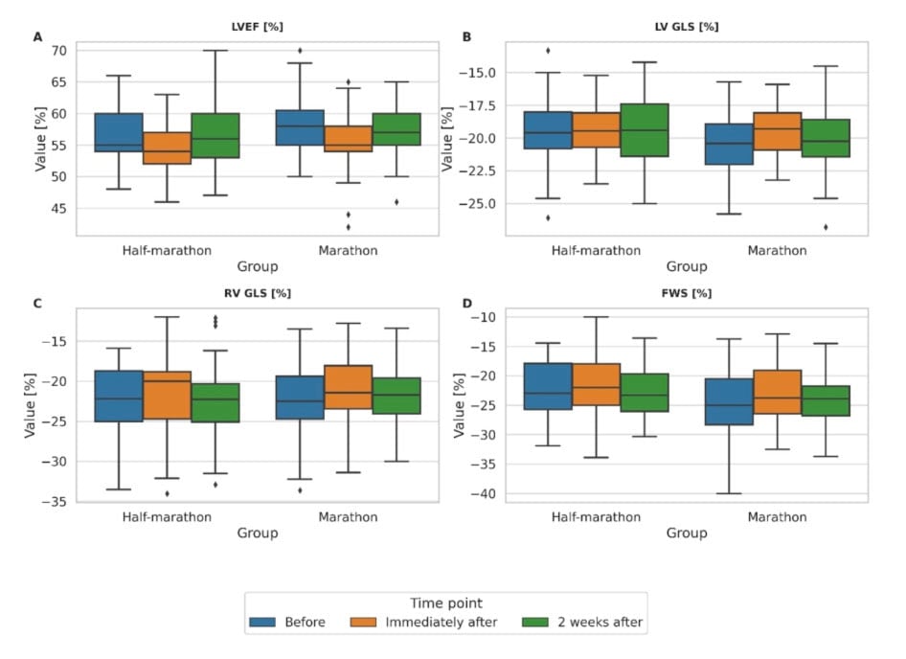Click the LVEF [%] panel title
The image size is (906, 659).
[x=257, y=26]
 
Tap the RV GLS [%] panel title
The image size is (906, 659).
[x=257, y=293]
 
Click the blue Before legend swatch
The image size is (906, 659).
[x=264, y=622]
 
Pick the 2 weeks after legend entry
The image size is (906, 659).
[x=581, y=622]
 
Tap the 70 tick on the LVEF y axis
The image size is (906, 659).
[x=58, y=50]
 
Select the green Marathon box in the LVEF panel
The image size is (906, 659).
[x=396, y=129]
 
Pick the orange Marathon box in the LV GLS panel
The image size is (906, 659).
[x=777, y=131]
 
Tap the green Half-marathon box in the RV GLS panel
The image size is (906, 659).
[x=215, y=402]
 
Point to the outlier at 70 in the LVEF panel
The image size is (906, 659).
[x=300, y=50]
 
